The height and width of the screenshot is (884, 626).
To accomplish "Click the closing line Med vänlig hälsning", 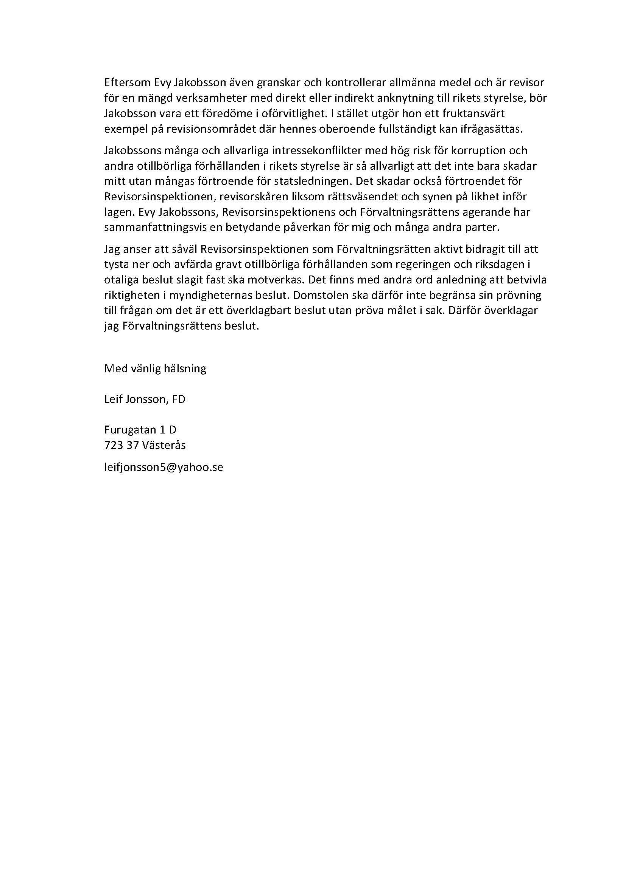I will pos(155,369).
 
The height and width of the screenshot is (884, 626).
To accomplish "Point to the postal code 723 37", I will pos(121,446).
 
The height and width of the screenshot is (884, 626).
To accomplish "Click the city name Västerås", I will pos(164,446).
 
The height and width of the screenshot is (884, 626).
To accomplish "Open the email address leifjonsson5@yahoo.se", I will pos(164,468).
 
